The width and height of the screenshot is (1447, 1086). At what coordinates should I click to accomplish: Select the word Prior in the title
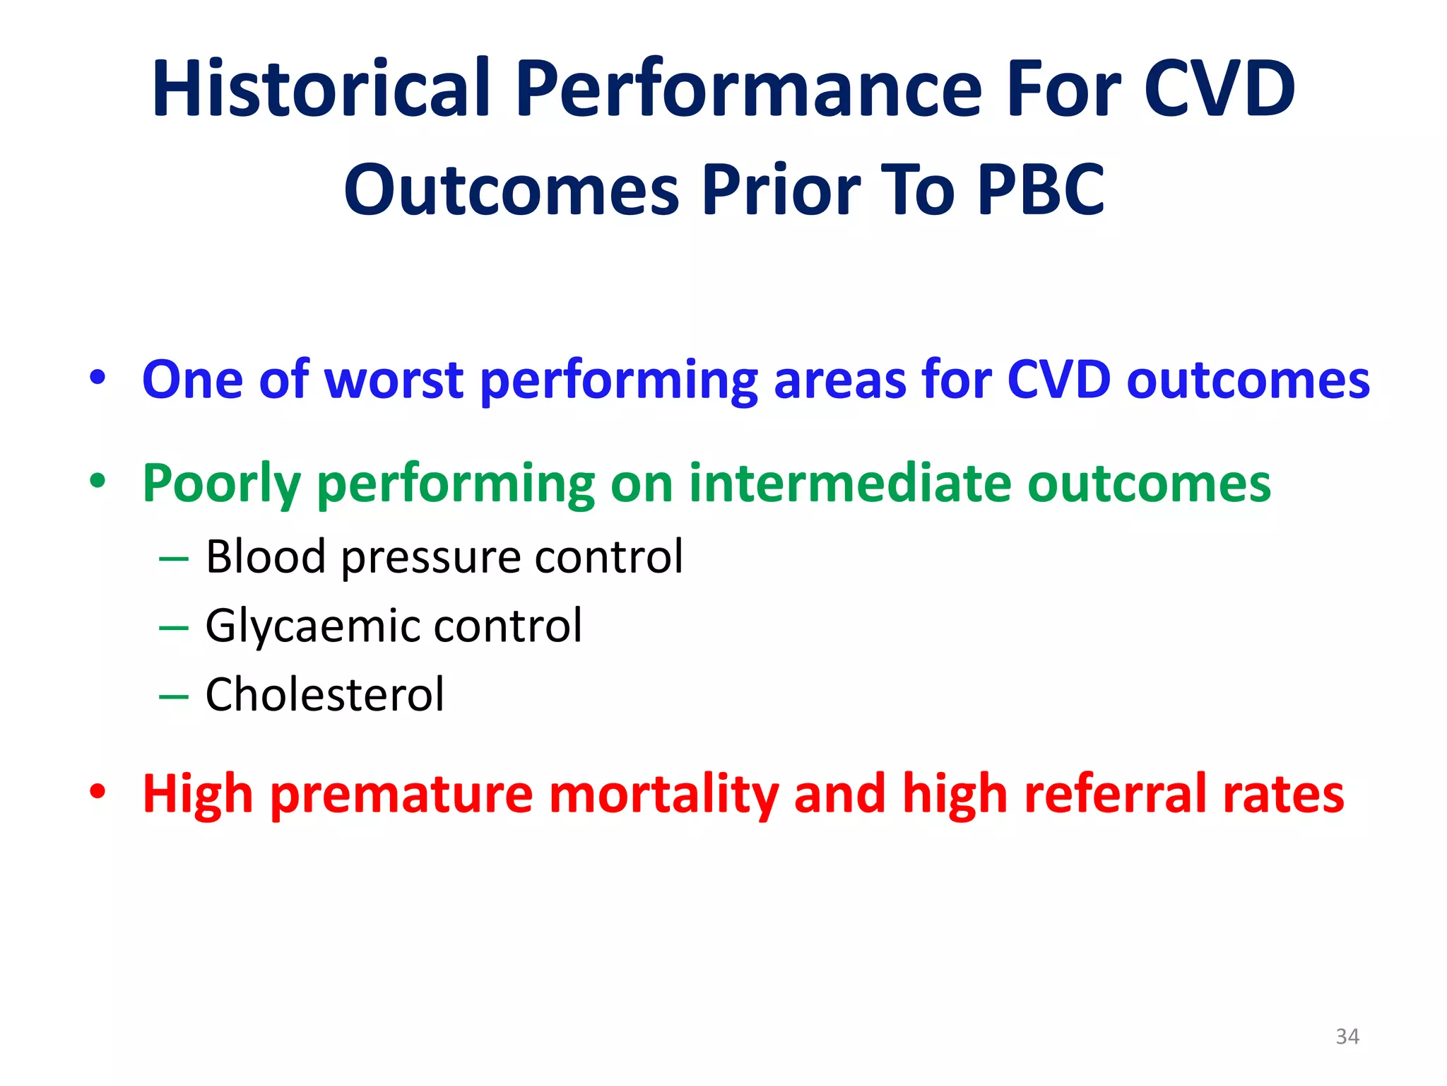point(781,190)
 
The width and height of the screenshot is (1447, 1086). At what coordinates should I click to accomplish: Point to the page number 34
point(1347,1037)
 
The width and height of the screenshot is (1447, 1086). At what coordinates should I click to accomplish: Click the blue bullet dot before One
point(98,378)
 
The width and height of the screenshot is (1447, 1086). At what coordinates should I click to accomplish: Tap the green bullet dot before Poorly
point(98,481)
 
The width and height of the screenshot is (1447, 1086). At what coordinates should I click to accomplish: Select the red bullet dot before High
point(98,792)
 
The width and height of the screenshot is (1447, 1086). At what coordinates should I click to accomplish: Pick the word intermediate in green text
point(850,484)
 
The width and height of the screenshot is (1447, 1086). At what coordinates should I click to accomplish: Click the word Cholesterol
point(325,694)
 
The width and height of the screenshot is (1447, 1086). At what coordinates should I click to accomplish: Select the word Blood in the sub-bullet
point(266,556)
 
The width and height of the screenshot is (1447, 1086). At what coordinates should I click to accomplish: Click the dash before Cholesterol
point(174,697)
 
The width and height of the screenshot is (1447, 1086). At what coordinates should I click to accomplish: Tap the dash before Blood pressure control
point(174,559)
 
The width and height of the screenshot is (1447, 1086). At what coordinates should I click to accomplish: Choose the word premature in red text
point(401,795)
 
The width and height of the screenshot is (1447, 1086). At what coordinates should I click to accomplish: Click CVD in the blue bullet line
point(1058,380)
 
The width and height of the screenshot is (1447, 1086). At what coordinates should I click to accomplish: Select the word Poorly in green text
point(222,485)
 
